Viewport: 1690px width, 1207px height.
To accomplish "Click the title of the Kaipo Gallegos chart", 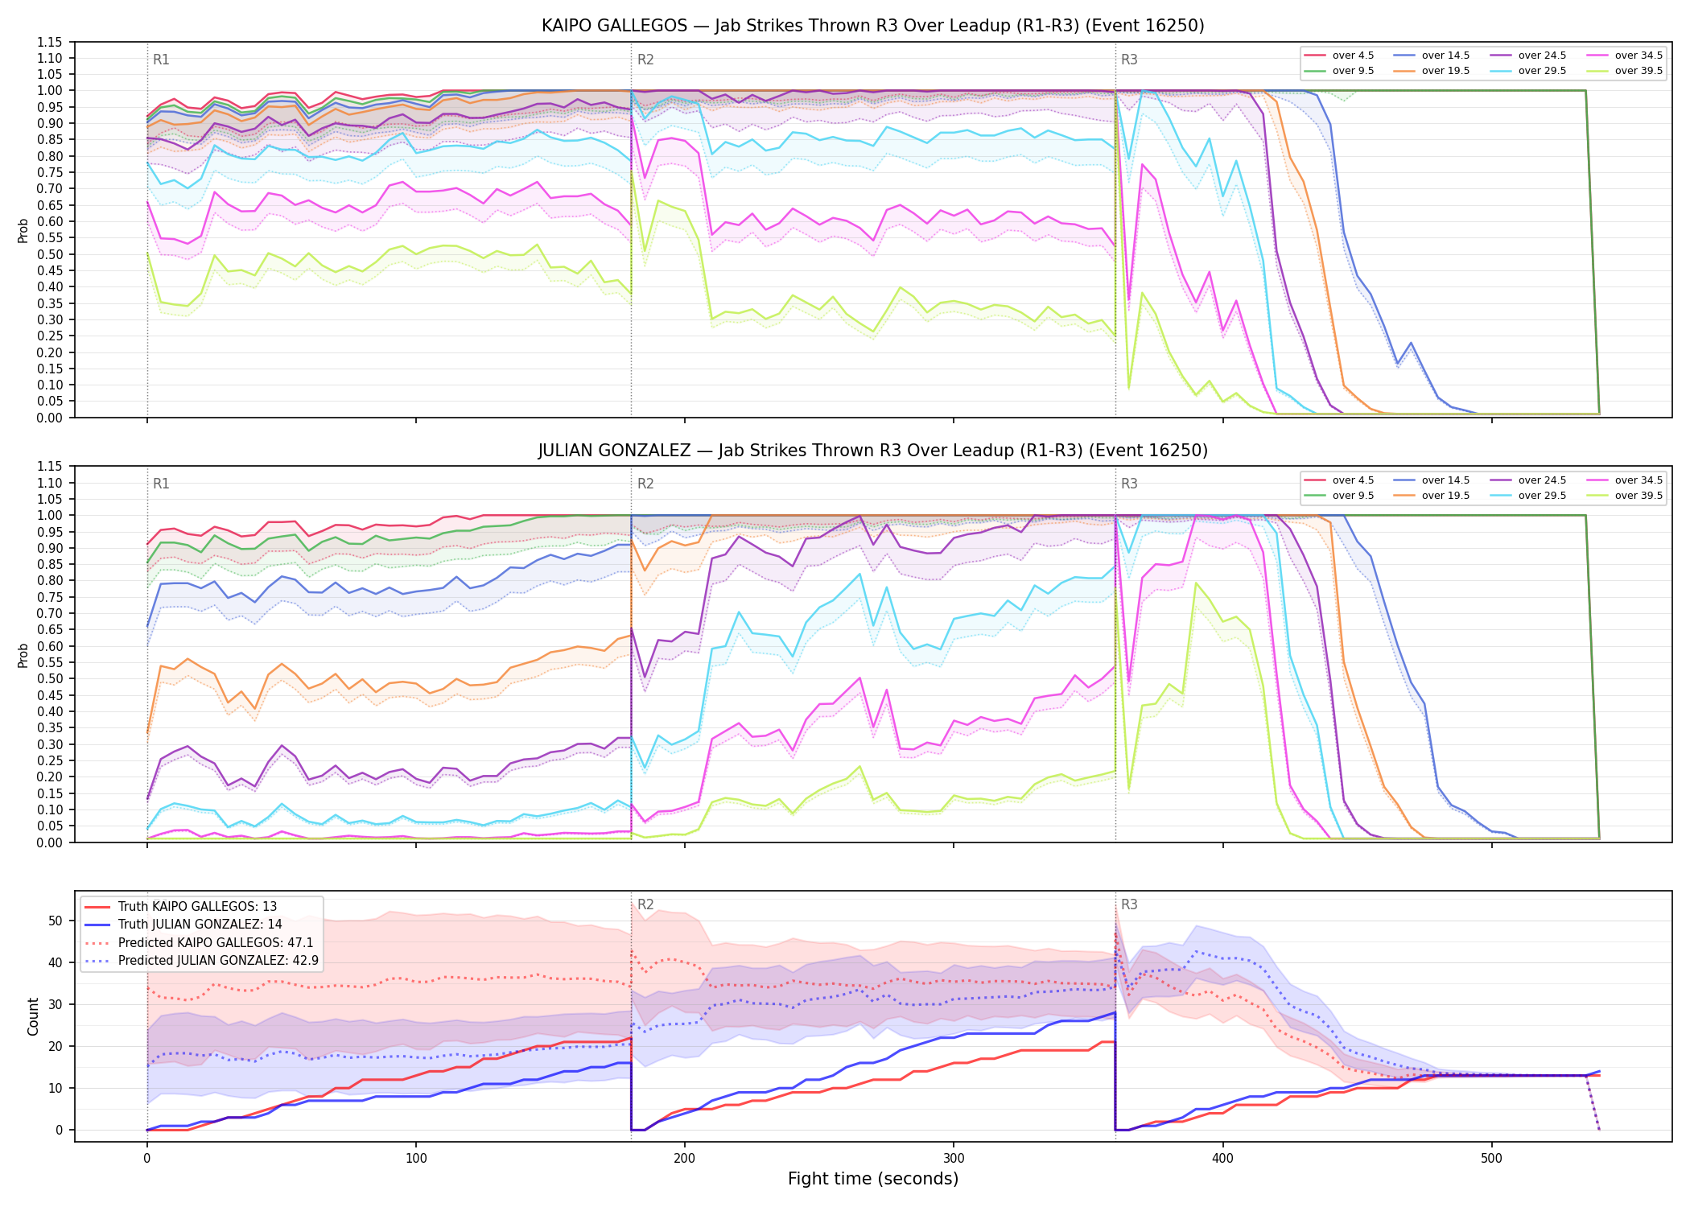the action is click(872, 26).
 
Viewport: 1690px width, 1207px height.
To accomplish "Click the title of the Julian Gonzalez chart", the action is click(872, 451).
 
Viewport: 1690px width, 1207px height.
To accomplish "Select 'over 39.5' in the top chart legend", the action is click(1638, 71).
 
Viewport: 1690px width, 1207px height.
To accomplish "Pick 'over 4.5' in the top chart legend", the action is click(1353, 56).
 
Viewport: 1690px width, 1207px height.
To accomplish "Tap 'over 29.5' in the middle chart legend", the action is click(1542, 496).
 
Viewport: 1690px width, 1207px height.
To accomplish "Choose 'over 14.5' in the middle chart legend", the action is click(1445, 480).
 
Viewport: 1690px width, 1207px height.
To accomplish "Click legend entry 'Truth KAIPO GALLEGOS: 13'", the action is click(197, 907).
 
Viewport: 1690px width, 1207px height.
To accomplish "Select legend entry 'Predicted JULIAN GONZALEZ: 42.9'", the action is click(218, 961).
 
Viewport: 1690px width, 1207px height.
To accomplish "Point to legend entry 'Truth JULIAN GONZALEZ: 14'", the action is click(200, 925).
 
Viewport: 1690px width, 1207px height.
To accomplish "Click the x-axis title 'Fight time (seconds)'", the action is click(873, 1179).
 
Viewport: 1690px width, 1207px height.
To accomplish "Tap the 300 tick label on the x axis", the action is click(954, 1159).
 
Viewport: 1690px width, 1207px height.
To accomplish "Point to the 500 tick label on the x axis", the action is click(1491, 1159).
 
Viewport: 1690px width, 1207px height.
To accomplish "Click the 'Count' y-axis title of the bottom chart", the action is click(33, 1017).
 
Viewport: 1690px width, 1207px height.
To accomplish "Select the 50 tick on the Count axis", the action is click(55, 921).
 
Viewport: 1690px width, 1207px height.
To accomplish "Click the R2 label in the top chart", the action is click(645, 60).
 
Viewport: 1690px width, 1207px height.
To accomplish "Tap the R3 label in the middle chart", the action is click(1129, 484).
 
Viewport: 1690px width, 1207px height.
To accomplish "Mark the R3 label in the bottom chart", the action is click(1129, 904).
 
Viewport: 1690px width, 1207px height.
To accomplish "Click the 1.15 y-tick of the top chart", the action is click(50, 42).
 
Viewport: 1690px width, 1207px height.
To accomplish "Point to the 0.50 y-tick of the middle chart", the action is click(50, 678).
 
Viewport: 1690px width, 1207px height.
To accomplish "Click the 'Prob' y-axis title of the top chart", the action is click(23, 231).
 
